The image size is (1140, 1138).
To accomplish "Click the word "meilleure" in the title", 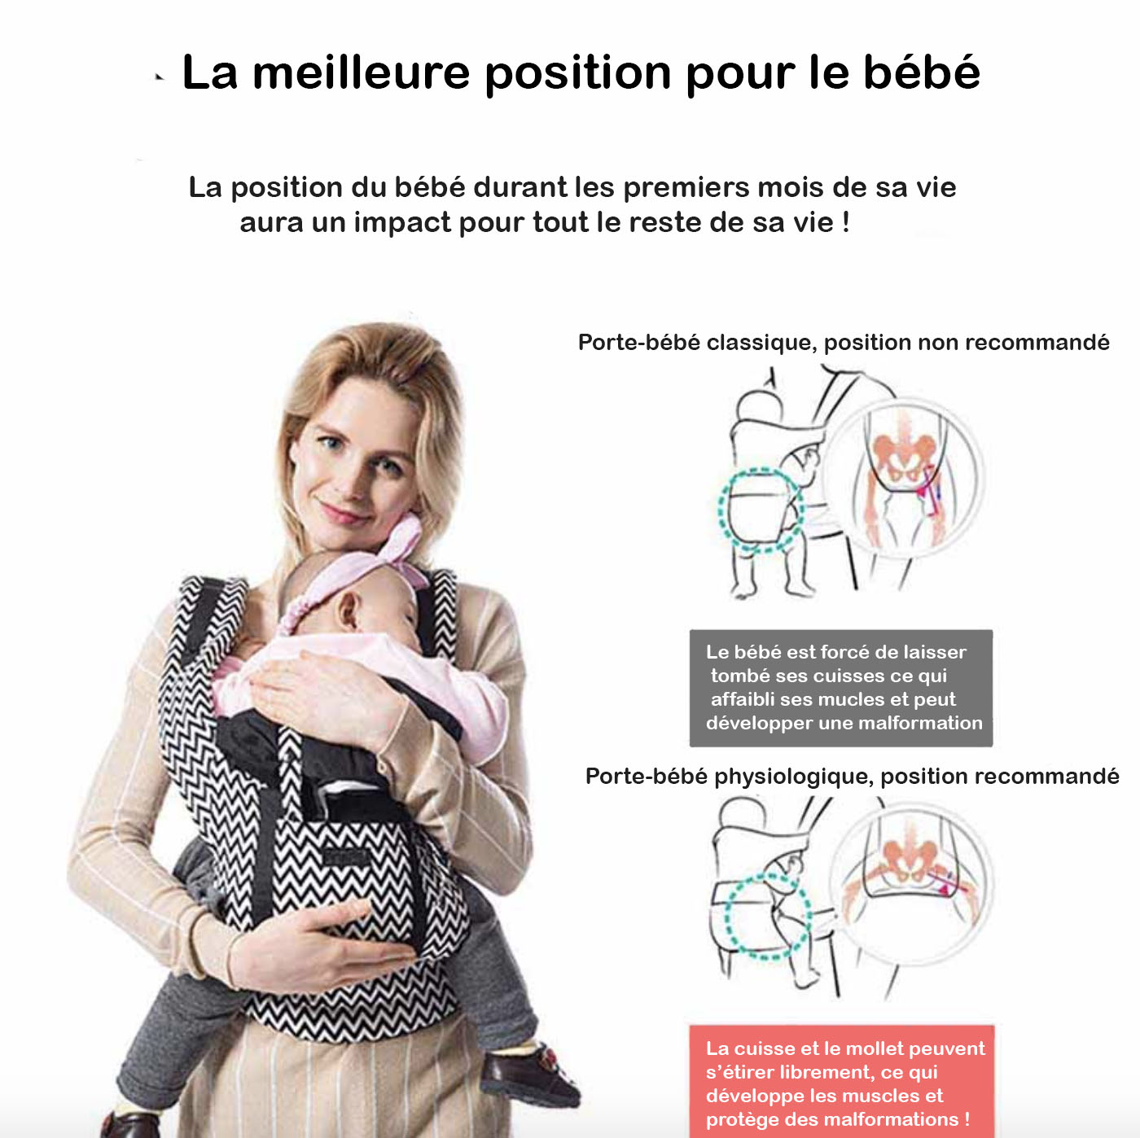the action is pos(361,72).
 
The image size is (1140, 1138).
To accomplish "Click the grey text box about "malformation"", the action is pos(840,688).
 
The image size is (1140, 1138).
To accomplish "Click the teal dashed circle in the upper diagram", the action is pos(761,510).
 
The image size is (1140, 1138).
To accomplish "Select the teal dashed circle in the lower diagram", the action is pos(767,917).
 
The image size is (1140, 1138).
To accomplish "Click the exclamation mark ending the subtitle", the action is pos(845,222).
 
